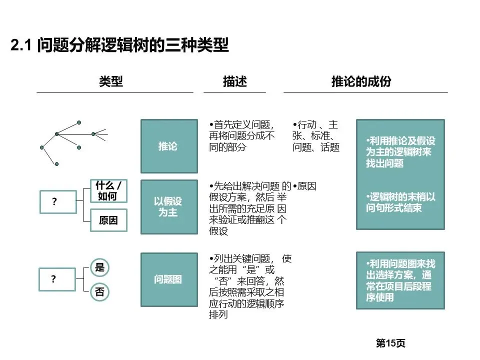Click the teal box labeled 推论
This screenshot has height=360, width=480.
click(x=169, y=146)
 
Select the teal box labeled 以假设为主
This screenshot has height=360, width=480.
click(x=169, y=207)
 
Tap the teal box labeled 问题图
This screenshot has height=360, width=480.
click(x=169, y=279)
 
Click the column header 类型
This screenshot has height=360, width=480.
click(x=111, y=81)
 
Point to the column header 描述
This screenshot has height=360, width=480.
click(x=235, y=81)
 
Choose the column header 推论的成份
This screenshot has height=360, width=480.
click(x=361, y=81)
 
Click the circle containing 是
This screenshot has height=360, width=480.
click(x=100, y=267)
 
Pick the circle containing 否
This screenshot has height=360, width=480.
click(x=100, y=291)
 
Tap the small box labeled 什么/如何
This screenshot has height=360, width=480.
click(x=108, y=190)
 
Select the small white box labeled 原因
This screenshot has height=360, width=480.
click(x=108, y=220)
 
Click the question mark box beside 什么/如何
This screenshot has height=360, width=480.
click(x=58, y=201)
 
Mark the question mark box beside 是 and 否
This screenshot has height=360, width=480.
click(x=57, y=279)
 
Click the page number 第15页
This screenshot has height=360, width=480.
click(x=390, y=343)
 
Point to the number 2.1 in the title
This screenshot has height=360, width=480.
click(x=21, y=45)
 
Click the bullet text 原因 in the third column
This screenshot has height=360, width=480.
click(x=304, y=186)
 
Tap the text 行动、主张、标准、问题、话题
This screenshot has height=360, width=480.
click(x=316, y=136)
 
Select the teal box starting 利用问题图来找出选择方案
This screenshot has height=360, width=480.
click(x=400, y=280)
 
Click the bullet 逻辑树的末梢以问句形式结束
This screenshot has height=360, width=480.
click(x=400, y=202)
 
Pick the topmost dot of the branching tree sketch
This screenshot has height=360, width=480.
click(x=79, y=122)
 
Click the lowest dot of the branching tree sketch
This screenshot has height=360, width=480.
click(x=56, y=164)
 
